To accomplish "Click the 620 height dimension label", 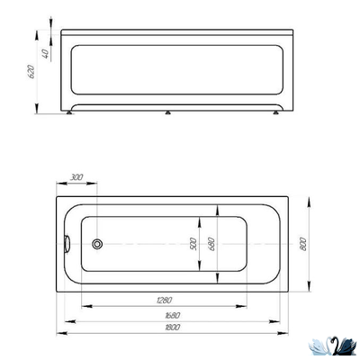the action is tap(31, 71).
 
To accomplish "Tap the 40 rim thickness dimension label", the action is tap(45, 54).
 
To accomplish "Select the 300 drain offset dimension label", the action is tap(76, 177).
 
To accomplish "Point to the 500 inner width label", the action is tap(193, 244).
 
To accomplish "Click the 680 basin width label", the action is tap(211, 244).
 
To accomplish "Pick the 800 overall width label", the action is tap(303, 244).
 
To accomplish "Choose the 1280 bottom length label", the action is tap(165, 300).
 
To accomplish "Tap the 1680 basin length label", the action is tap(173, 315).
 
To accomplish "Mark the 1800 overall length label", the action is tap(173, 327).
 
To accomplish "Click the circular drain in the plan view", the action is tap(97, 244).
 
